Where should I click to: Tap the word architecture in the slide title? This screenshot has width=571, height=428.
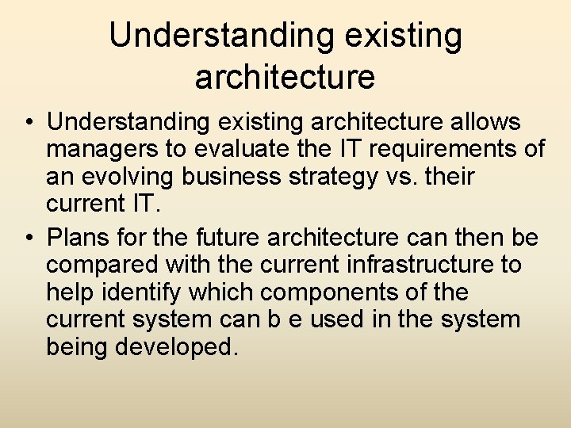tap(285, 77)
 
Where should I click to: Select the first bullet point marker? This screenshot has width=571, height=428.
tap(29, 124)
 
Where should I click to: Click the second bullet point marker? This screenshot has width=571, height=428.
tap(29, 238)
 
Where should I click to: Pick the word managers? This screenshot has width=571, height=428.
tap(97, 151)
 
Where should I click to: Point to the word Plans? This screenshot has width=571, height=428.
tap(76, 237)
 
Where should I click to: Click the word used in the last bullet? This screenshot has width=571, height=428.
tap(336, 321)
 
